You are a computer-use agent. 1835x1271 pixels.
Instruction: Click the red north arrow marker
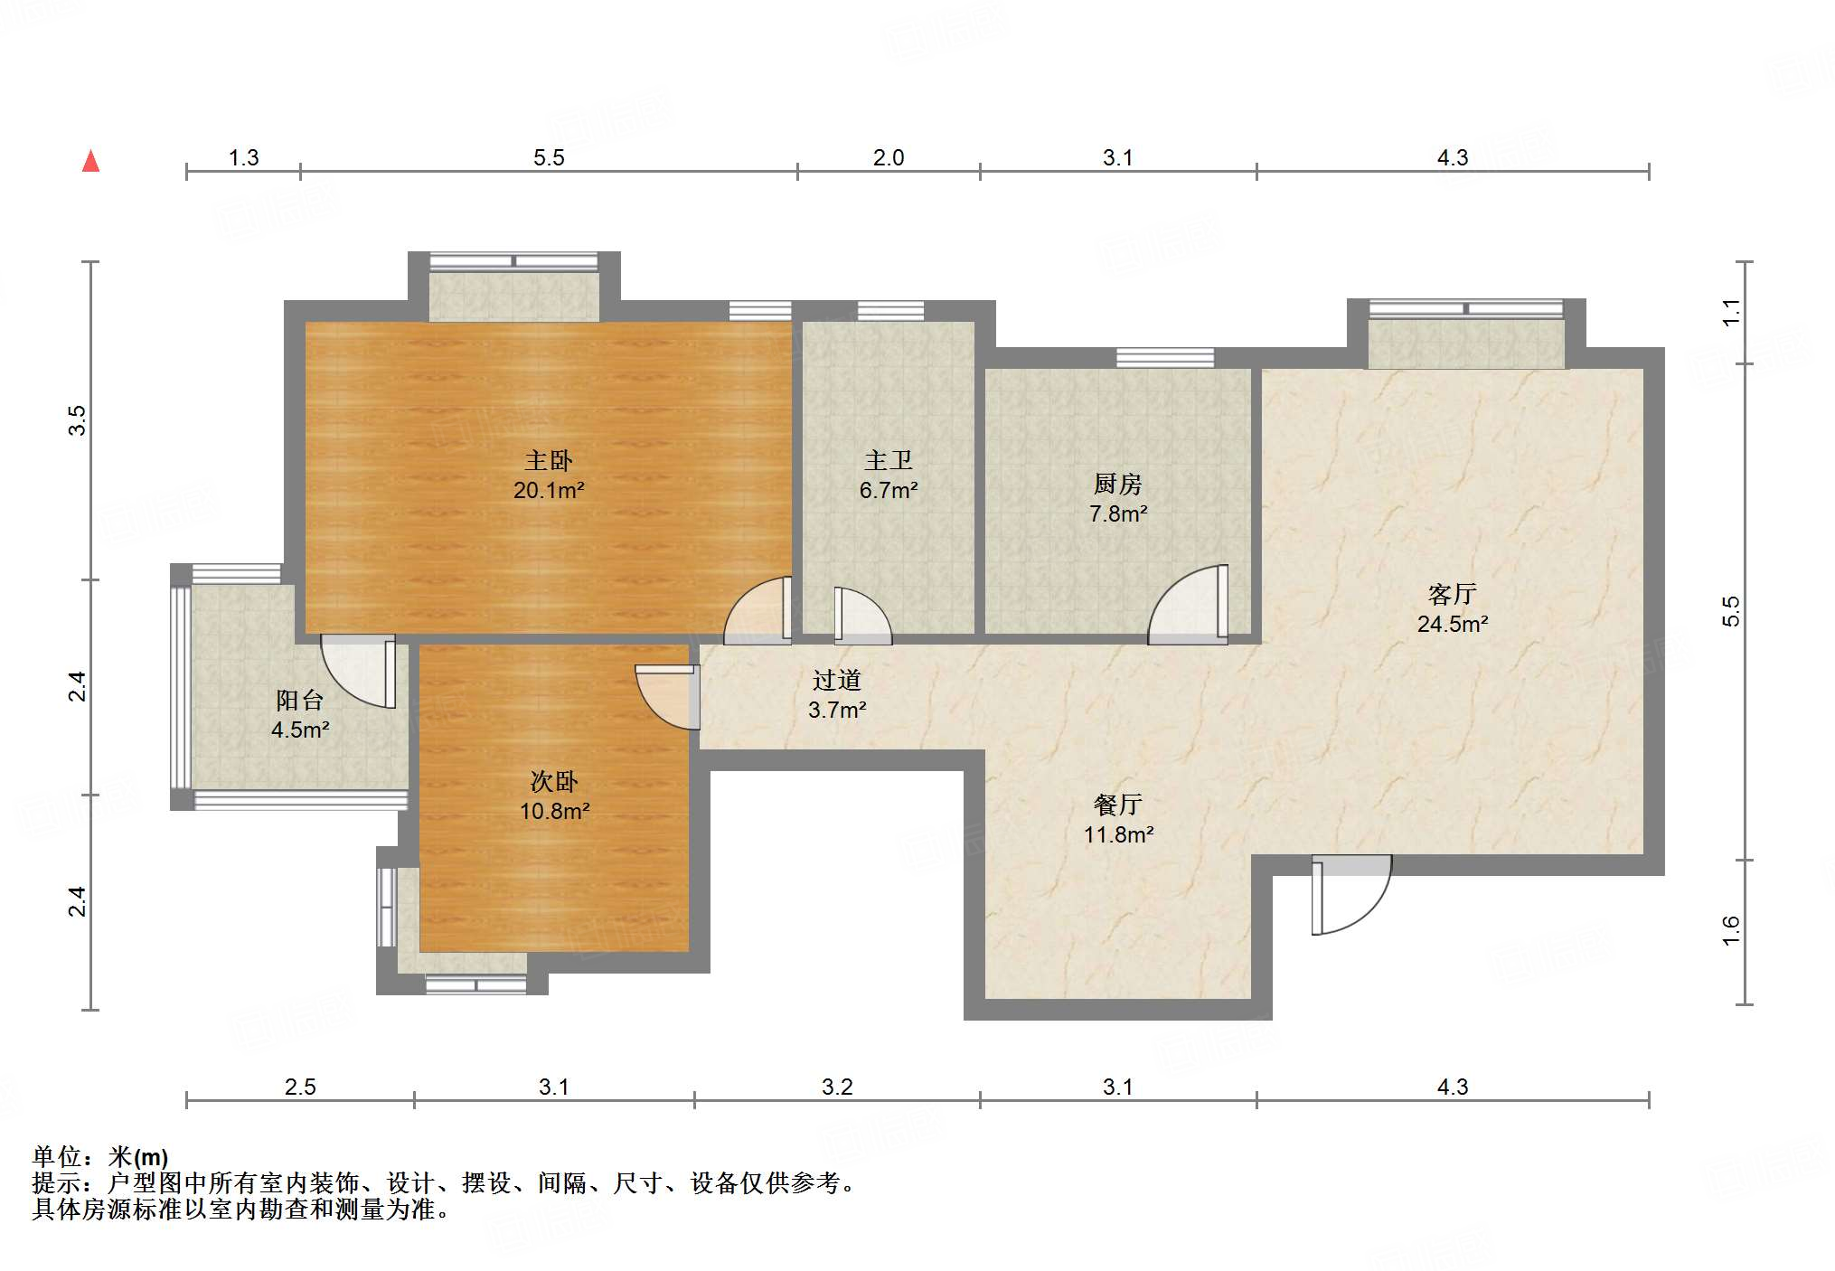coord(90,162)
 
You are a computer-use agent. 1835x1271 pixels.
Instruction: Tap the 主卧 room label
coord(549,461)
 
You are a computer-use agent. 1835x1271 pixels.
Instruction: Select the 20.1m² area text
coord(549,491)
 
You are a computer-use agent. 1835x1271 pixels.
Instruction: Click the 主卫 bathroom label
coord(888,461)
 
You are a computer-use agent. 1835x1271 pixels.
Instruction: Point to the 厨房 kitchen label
coord(1118,485)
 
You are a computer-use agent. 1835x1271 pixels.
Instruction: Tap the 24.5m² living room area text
coord(1452,624)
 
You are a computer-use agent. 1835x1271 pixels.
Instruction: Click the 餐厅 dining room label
coord(1118,805)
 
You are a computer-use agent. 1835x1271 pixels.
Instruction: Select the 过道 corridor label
coord(836,680)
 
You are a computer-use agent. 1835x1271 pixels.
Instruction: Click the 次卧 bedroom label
coord(553,781)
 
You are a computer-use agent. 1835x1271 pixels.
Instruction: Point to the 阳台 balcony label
coord(299,700)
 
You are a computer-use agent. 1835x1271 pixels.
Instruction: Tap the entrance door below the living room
coord(1351,895)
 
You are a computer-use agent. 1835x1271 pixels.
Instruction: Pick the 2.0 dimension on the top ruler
coord(888,158)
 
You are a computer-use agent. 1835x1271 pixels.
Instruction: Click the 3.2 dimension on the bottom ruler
coord(836,1087)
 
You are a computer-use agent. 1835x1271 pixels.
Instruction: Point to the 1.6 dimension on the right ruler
coord(1730,931)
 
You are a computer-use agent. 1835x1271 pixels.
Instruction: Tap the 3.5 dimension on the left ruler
coord(78,421)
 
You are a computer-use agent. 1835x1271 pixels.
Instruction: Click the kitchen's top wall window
coord(1164,357)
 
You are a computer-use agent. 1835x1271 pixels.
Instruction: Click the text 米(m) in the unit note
coord(138,1156)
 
